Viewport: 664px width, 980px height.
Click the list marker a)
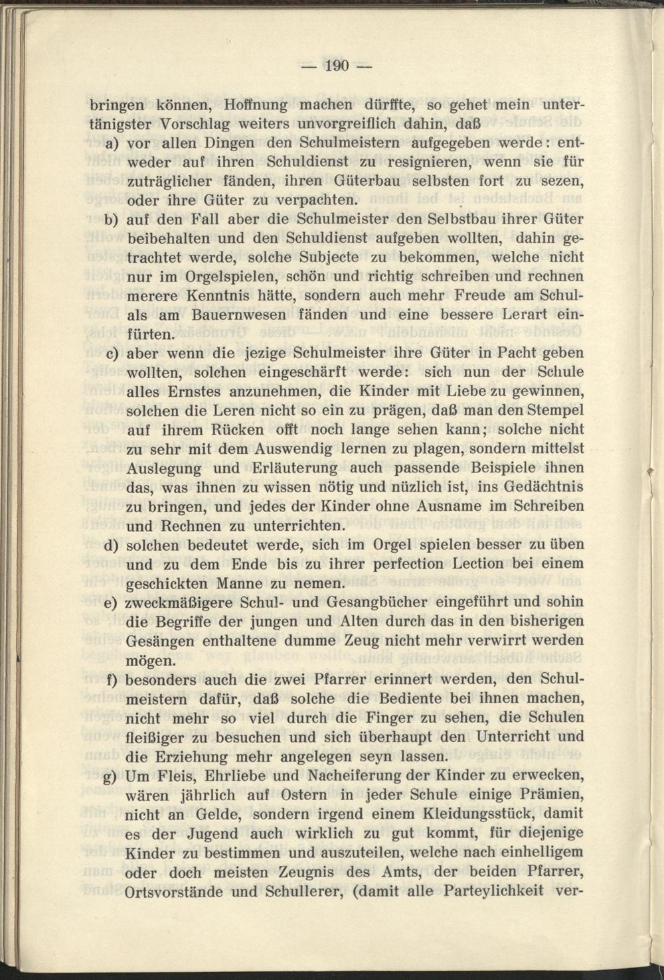coord(111,143)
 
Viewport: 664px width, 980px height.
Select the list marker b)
coord(111,220)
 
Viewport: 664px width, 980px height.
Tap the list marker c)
coord(111,354)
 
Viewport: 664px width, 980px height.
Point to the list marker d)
coord(111,546)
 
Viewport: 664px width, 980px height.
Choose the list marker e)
coord(111,603)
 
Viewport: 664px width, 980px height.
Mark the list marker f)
coord(111,680)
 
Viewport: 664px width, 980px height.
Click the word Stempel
coord(556,411)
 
